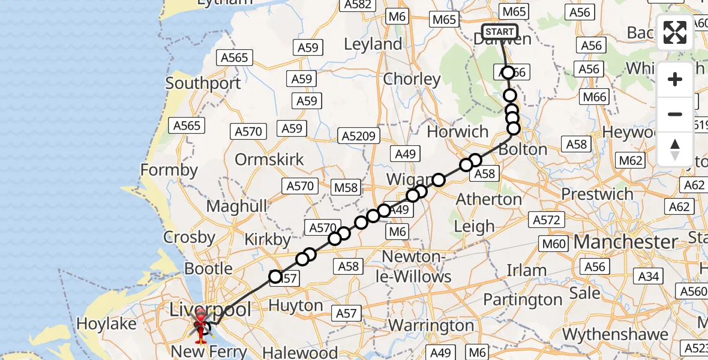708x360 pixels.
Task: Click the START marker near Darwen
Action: [x=499, y=32]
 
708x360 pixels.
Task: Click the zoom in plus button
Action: [x=675, y=79]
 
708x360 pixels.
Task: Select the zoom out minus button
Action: [x=675, y=114]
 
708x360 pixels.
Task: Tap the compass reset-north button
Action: [x=675, y=149]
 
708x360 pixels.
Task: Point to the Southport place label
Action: [x=203, y=83]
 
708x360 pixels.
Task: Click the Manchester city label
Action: [x=626, y=242]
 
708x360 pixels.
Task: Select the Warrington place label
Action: [x=431, y=326]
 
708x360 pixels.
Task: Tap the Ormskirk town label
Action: [x=269, y=160]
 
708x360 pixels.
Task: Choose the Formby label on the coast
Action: [x=169, y=170]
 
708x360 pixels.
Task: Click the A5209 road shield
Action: [x=359, y=136]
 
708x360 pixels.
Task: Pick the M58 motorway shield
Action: [x=346, y=188]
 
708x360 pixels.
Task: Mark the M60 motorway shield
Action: [x=553, y=244]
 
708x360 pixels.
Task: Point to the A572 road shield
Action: [x=547, y=220]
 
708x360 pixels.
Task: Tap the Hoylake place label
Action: [x=107, y=324]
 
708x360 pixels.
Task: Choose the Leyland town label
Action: [x=373, y=44]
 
